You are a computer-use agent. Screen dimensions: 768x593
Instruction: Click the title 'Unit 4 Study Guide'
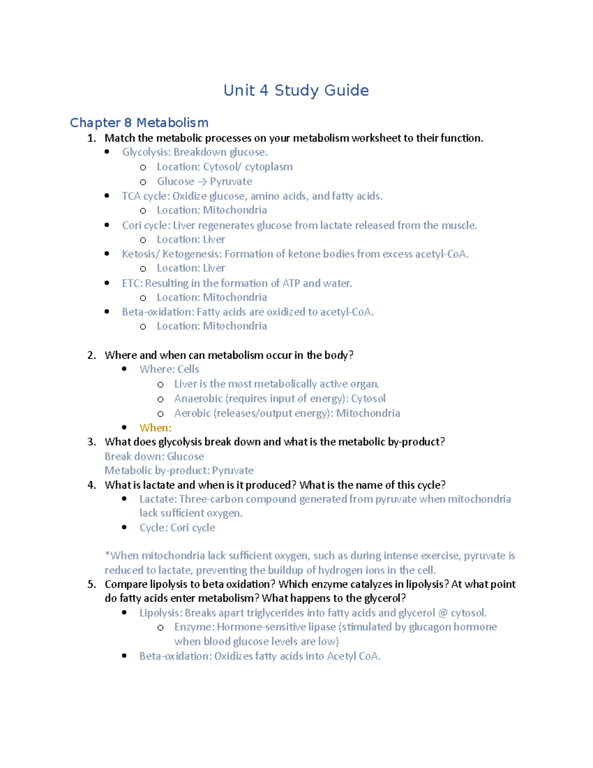click(x=296, y=90)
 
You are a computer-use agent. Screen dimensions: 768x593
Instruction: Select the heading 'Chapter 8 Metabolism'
click(x=139, y=123)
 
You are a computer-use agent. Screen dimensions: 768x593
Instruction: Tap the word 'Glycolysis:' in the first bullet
click(x=146, y=152)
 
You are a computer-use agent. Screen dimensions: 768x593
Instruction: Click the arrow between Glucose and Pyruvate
click(x=202, y=181)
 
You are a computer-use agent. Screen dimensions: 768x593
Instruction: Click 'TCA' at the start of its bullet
click(x=131, y=196)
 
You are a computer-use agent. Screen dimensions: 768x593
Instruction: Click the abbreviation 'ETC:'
click(x=132, y=283)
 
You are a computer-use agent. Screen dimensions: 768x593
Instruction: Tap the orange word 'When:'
click(x=156, y=428)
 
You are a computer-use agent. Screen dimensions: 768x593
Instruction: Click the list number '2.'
click(x=92, y=355)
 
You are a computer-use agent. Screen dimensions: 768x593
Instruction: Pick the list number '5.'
click(x=92, y=584)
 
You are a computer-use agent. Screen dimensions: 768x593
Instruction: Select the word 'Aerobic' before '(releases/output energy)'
click(x=192, y=413)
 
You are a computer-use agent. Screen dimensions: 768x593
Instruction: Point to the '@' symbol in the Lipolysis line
click(x=443, y=613)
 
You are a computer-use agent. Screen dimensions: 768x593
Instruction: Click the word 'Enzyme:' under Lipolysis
click(x=194, y=627)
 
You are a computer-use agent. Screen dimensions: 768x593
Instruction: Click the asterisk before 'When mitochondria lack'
click(x=107, y=555)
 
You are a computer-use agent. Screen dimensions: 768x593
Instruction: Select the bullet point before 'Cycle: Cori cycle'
click(x=125, y=527)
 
